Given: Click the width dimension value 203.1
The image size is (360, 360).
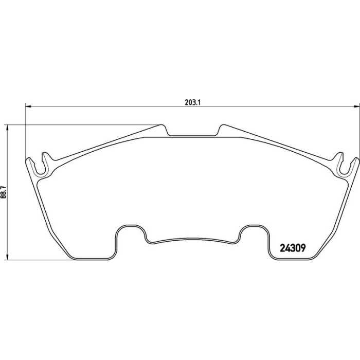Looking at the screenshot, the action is tap(193, 102).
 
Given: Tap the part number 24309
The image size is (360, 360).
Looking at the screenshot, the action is tap(293, 248).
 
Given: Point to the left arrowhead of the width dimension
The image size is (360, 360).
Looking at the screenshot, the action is tap(28, 106).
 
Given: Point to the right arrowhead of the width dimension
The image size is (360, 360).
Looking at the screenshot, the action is tap(357, 106).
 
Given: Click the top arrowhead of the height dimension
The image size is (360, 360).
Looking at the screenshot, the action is tap(8, 128).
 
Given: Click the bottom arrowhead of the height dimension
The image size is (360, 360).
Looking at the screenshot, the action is tap(8, 257).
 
